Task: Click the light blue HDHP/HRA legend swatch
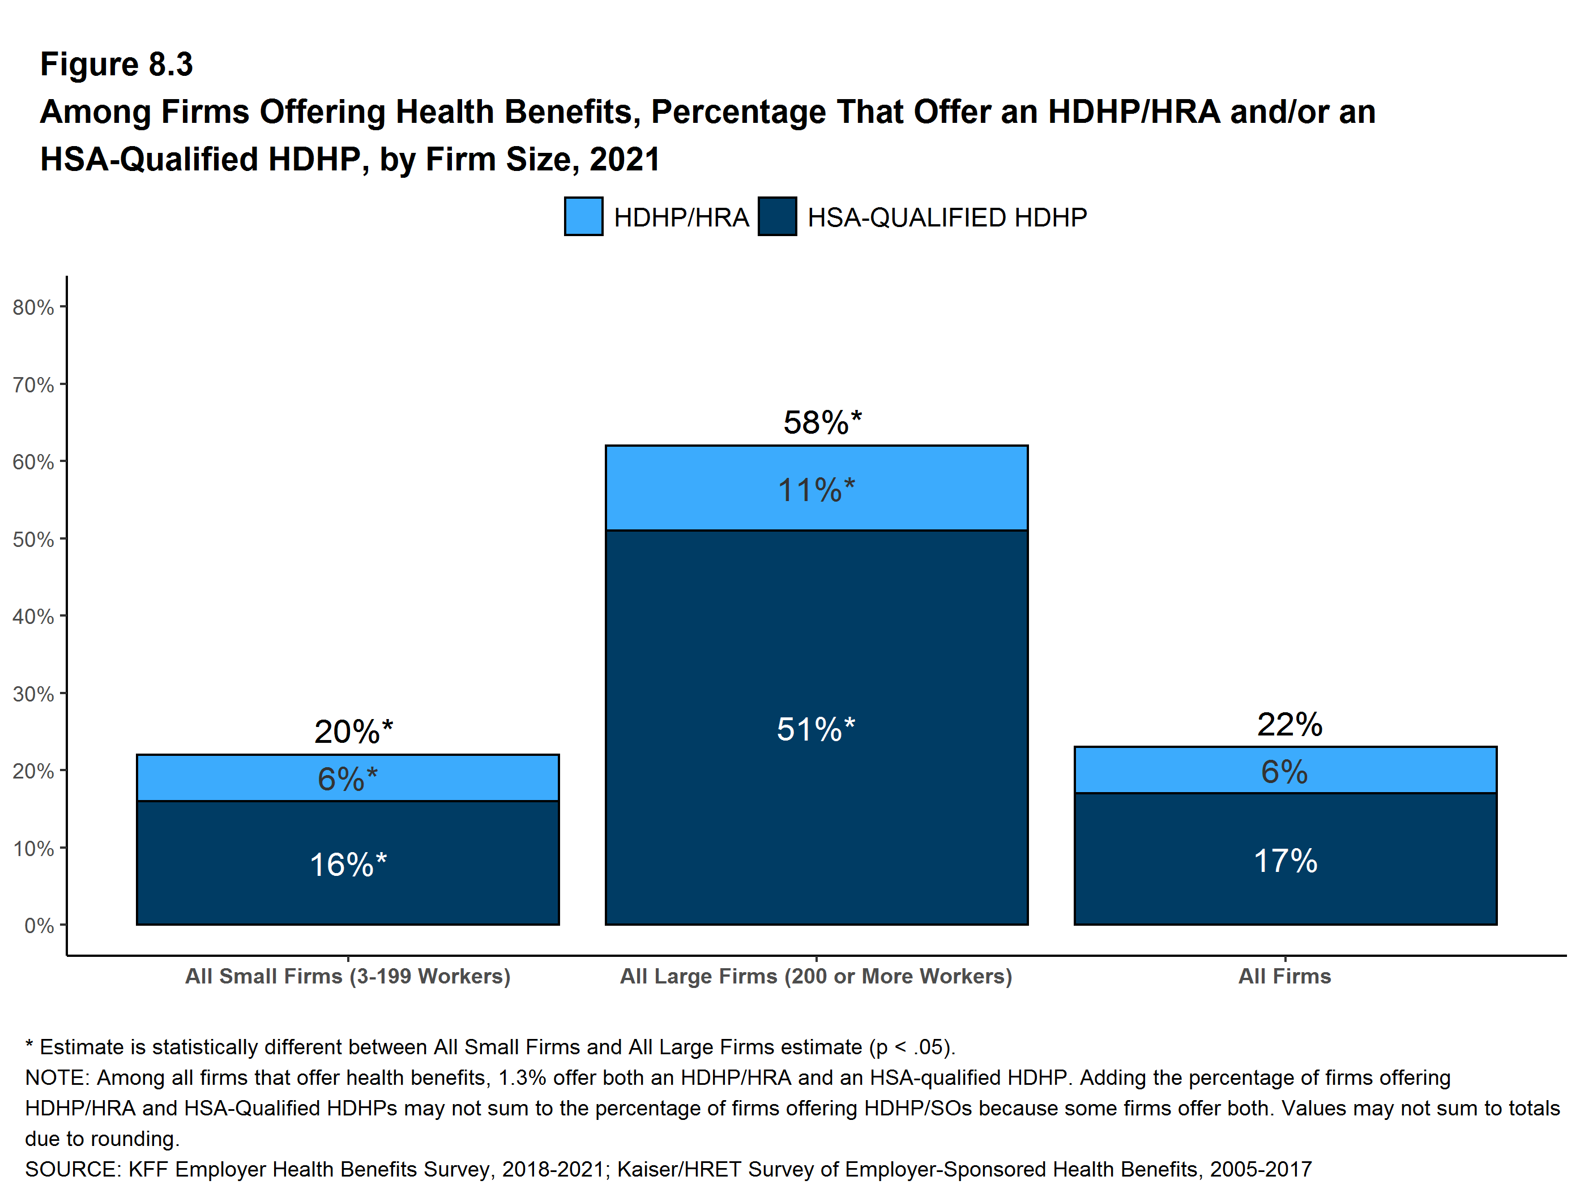point(583,216)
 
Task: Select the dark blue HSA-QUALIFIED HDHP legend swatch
point(777,216)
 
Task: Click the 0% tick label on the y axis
point(39,926)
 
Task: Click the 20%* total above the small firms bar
point(353,732)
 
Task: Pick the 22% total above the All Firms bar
point(1289,724)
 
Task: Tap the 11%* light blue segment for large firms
point(817,487)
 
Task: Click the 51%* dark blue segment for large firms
point(817,728)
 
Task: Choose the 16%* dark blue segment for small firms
point(348,863)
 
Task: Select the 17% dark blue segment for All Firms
point(1285,859)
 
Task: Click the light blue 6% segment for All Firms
point(1285,770)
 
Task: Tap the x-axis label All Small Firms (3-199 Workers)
point(348,976)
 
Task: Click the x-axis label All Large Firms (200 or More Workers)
point(817,976)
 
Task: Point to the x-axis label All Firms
point(1285,976)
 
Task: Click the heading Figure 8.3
point(117,65)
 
